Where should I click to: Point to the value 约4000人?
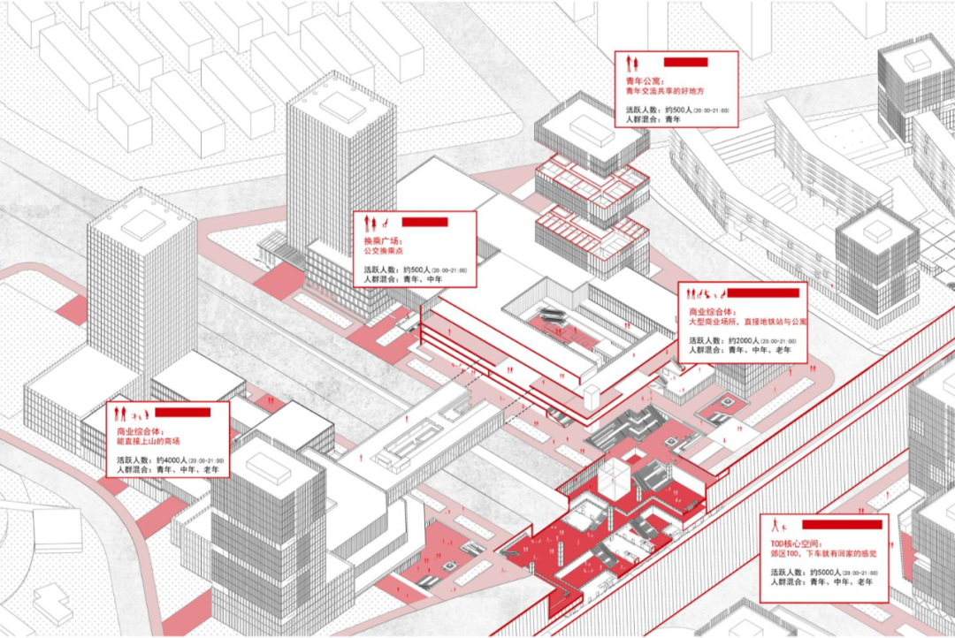click(169, 461)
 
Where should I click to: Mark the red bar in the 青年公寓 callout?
click(685, 62)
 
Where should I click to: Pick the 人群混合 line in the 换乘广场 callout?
click(405, 279)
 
